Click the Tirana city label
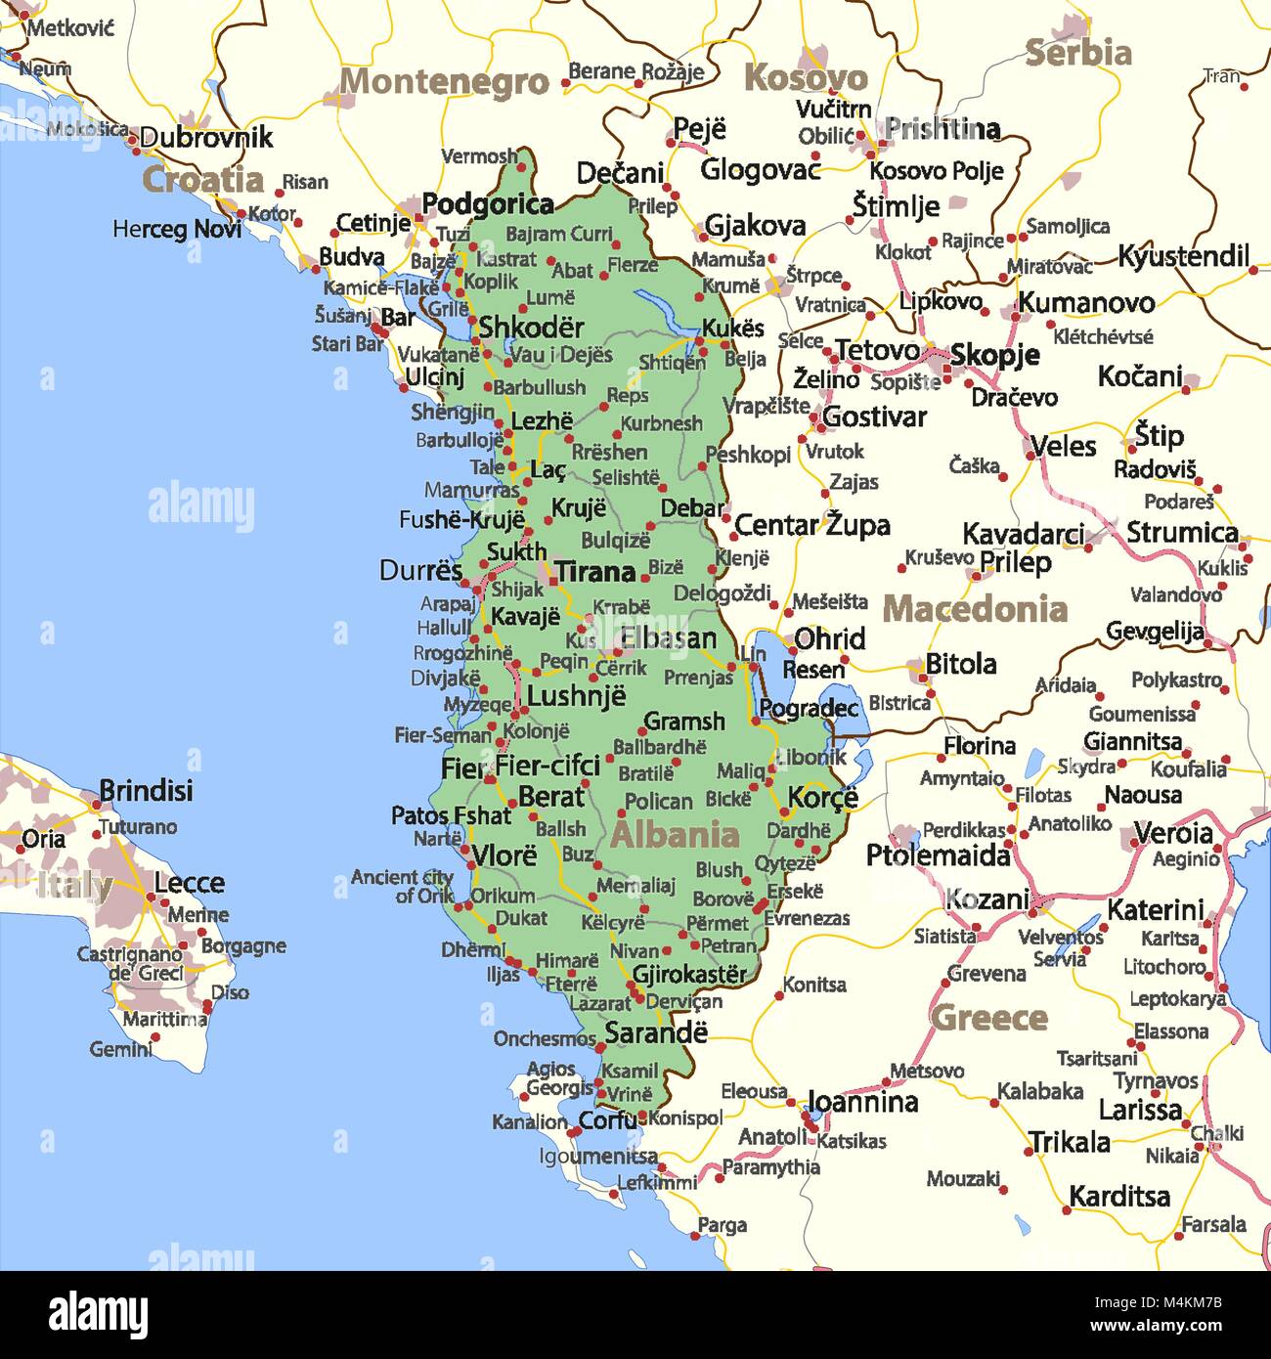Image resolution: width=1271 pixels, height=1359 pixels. coord(594,572)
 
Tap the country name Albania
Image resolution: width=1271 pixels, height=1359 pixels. coord(675,835)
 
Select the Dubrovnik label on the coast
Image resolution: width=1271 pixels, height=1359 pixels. coord(205,138)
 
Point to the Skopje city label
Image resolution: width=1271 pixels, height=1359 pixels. coord(994,355)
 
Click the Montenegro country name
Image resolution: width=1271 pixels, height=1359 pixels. coord(444,82)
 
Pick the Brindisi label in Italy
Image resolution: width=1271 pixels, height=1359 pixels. coord(146,791)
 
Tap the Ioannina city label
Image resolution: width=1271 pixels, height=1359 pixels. coord(862,1103)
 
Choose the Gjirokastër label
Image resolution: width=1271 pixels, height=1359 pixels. coord(689,975)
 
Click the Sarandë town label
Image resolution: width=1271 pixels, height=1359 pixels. coord(655,1032)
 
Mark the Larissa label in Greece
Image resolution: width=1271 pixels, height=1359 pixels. coord(1140,1111)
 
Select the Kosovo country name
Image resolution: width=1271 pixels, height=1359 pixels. coord(806,78)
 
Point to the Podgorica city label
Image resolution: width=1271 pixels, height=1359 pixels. coord(488,204)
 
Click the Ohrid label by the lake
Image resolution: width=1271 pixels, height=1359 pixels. coord(829,639)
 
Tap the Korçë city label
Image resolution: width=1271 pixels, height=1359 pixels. coord(822,798)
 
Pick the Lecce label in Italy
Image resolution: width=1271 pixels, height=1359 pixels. coord(189,883)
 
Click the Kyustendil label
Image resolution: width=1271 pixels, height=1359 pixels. coord(1183,257)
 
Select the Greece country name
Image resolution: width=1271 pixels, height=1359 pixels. coord(989,1018)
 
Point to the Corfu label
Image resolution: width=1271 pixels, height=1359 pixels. coord(607,1120)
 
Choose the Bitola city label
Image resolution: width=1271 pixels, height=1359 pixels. coord(960,665)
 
